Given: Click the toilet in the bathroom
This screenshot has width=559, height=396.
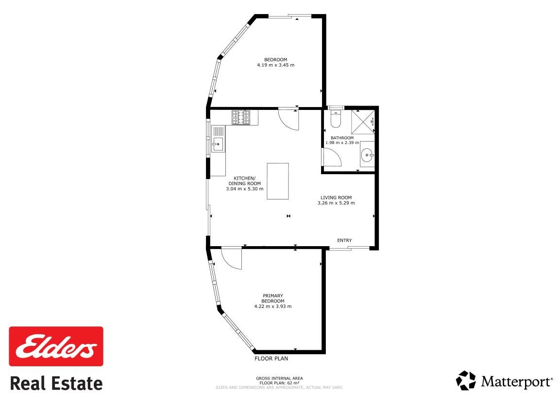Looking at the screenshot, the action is pos(336,119).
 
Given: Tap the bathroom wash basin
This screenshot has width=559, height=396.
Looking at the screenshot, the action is pos(367,154).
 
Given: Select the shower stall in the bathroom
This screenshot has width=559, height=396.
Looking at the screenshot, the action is pos(363,122).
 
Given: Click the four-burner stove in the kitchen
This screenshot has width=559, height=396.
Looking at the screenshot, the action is pos(241,117).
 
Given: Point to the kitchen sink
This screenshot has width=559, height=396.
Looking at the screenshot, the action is pos(218,139).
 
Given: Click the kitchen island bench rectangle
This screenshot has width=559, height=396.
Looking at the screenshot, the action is pos(278,181).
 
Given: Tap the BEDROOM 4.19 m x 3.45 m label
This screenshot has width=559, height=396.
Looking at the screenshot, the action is pos(275,62).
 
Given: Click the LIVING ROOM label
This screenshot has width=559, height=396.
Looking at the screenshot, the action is pos(336,198).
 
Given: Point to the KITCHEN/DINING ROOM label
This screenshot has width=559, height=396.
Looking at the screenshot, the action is pos(245,180).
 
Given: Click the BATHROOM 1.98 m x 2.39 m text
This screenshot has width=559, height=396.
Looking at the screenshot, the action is pos(342,140).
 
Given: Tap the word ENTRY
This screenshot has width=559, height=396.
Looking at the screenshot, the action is pos(344,240).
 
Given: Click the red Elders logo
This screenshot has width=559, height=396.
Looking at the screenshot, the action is pos(56,346).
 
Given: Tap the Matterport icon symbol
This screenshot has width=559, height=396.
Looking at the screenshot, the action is pos(466,380).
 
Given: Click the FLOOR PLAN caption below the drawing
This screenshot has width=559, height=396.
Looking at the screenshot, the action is pos(271,359).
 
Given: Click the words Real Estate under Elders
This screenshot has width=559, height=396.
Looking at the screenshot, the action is pos(56,383).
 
